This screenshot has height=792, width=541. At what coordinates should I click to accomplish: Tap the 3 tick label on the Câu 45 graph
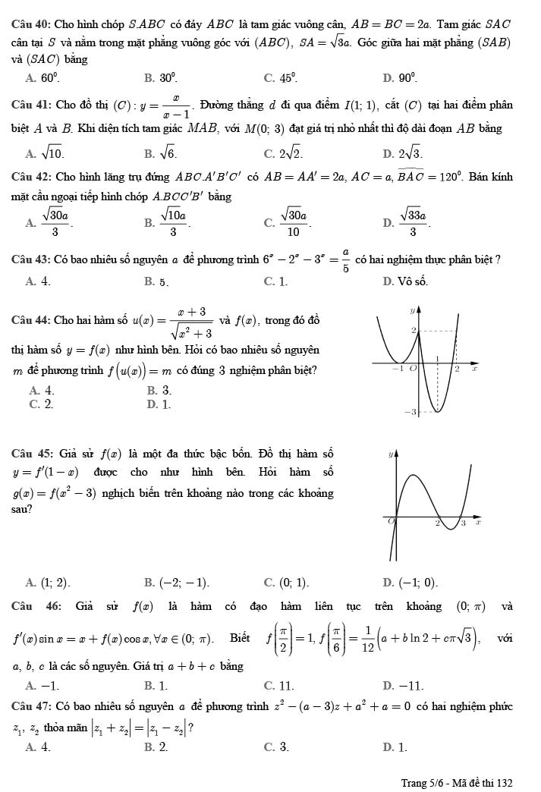[x=463, y=523]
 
